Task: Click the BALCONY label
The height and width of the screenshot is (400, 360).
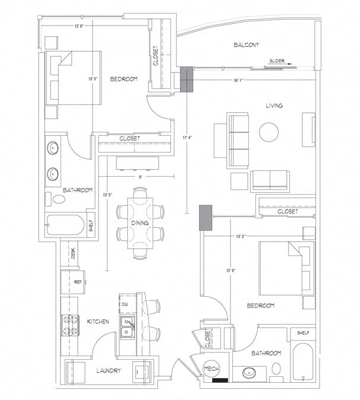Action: [x=245, y=45]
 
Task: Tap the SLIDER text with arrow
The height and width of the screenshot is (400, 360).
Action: [x=279, y=61]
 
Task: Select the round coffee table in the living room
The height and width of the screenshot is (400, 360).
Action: [x=269, y=132]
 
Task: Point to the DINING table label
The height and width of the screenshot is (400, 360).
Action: [x=140, y=223]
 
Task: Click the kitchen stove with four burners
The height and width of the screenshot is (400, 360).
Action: [x=71, y=324]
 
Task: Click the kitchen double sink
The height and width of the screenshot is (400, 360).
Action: [x=128, y=326]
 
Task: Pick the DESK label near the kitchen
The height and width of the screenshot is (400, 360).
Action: [x=74, y=253]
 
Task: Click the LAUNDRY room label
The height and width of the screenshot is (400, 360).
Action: [x=109, y=370]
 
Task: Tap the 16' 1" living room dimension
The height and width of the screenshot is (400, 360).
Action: [x=240, y=79]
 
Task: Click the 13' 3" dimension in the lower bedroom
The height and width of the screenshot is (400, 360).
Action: [x=241, y=236]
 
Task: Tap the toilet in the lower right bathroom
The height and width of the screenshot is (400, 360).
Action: [x=276, y=370]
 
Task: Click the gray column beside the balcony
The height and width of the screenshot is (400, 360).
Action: [x=187, y=79]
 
